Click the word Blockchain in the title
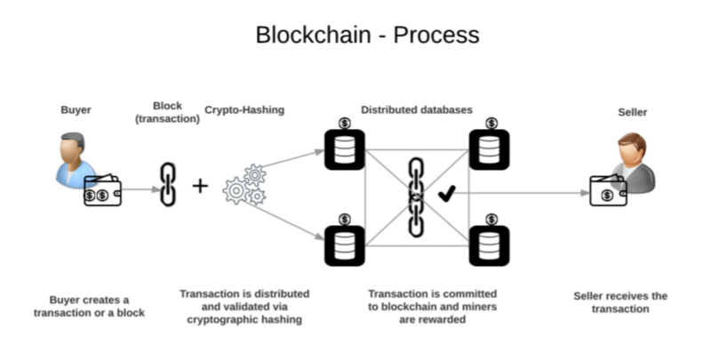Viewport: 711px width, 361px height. tap(312, 35)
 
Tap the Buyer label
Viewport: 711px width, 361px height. tap(76, 110)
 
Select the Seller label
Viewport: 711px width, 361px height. tap(632, 113)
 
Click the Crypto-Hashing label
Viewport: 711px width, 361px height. tap(244, 110)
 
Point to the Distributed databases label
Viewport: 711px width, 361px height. tap(416, 110)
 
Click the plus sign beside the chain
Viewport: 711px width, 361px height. tap(201, 186)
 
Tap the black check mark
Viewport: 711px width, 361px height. tap(447, 191)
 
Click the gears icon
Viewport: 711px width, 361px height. tap(244, 184)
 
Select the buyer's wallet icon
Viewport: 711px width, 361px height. tap(102, 190)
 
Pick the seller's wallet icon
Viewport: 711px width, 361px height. tap(608, 189)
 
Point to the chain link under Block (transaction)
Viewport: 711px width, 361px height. tap(168, 185)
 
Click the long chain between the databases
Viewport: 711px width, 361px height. tap(416, 197)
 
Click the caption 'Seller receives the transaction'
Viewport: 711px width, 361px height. tap(620, 302)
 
